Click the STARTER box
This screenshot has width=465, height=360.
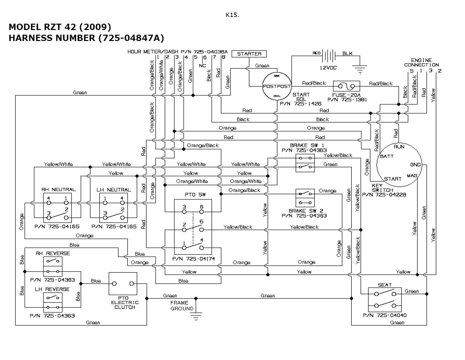[249, 54]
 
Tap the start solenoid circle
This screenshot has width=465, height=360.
[277, 86]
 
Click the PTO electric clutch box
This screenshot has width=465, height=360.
[123, 284]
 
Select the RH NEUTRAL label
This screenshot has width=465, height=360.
[59, 189]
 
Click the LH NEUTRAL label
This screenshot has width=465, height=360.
[114, 189]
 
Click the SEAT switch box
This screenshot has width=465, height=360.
[385, 299]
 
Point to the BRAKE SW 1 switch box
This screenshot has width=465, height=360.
[305, 163]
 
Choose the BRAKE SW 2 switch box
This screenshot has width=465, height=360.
[305, 198]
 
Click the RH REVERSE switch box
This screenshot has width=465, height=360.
[53, 266]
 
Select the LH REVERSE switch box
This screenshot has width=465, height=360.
[53, 302]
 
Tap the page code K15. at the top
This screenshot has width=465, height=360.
[232, 15]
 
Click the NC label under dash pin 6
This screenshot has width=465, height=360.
[203, 66]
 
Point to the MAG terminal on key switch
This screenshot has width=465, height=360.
[412, 175]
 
